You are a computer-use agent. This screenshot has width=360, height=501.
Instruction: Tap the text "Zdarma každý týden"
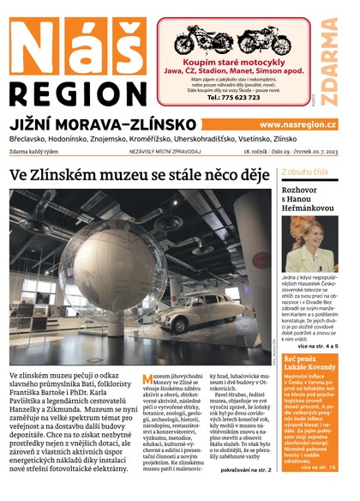click(39, 151)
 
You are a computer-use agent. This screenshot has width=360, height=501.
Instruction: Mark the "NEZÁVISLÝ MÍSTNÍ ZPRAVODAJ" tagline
click(165, 151)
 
